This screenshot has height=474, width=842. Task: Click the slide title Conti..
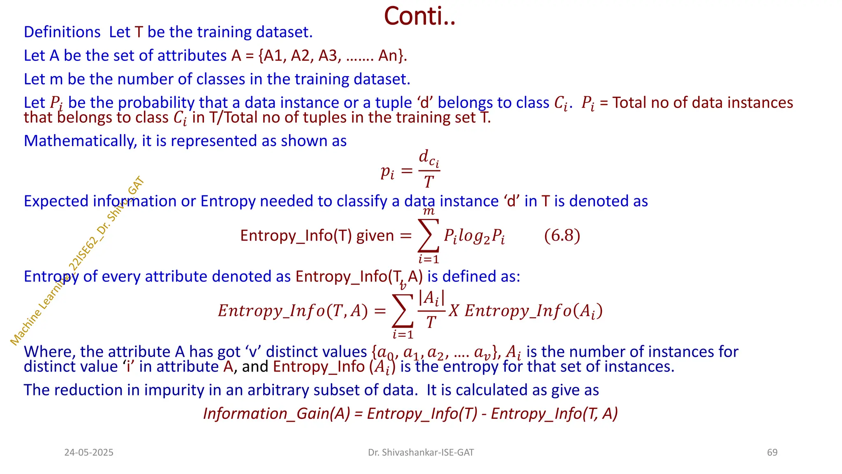click(419, 16)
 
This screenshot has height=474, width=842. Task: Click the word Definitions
click(62, 32)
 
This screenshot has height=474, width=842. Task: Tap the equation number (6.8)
click(562, 236)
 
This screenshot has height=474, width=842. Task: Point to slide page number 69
click(772, 453)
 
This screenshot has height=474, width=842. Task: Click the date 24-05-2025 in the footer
click(89, 453)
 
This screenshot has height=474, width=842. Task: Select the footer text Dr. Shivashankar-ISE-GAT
click(421, 453)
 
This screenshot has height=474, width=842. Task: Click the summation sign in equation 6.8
click(428, 236)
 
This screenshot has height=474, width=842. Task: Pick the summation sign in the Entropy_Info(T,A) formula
click(402, 311)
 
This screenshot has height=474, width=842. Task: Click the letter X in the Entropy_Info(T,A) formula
click(453, 311)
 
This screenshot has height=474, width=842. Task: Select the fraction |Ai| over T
click(431, 309)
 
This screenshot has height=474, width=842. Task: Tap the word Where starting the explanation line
click(49, 352)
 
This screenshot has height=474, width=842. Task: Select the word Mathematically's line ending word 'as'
click(339, 141)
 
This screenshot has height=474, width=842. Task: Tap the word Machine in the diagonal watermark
click(25, 329)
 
